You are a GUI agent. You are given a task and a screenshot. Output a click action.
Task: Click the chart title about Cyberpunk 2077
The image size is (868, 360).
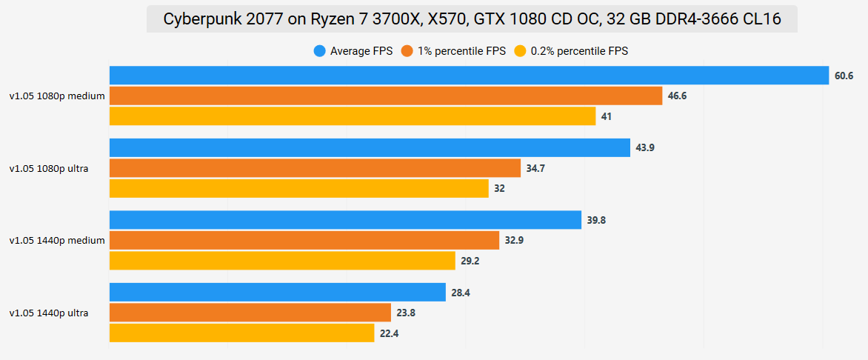point(472,19)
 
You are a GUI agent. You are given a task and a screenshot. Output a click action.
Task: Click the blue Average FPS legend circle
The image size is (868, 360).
point(320,51)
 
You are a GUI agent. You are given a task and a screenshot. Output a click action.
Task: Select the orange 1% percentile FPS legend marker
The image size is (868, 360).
point(407,51)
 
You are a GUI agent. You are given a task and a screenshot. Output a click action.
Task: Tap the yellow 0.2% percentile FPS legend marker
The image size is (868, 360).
point(521,51)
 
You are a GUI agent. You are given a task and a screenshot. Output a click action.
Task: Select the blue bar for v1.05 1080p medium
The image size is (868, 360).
point(469,76)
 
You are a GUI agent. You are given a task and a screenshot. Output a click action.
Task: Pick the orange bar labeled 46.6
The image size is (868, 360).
point(385,96)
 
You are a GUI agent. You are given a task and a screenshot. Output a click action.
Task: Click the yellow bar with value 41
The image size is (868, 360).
point(353,116)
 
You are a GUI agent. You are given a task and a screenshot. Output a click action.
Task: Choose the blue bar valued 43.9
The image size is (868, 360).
point(370,147)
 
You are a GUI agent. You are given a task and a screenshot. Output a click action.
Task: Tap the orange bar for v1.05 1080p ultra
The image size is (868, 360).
point(315,168)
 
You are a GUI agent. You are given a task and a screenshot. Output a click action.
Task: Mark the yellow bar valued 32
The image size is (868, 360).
point(298,188)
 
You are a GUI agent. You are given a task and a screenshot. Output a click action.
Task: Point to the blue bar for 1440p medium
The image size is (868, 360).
point(345,220)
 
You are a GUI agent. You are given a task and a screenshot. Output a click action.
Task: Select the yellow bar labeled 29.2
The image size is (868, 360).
point(282,261)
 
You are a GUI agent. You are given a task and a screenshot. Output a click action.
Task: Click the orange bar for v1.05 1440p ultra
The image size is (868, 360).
point(250,313)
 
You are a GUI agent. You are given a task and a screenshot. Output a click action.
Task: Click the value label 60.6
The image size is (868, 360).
point(844,76)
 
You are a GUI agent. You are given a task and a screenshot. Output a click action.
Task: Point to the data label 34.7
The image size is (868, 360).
point(535,168)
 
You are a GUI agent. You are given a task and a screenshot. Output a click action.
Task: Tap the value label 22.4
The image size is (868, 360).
point(390,333)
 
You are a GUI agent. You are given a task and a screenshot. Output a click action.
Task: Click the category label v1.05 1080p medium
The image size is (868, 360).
point(57,96)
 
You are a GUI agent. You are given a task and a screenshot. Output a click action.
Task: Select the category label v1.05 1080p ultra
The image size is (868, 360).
point(49,168)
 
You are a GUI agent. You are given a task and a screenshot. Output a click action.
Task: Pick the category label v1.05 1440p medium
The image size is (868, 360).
point(57,240)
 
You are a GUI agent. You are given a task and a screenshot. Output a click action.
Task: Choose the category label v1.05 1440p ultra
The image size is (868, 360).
point(49,313)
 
